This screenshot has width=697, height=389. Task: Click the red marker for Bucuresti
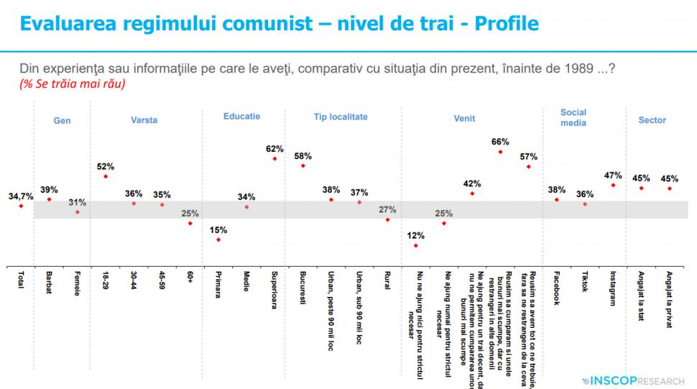click(x=303, y=166)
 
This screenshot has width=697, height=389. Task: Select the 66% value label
click(x=500, y=142)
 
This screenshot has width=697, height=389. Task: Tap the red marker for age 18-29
click(x=106, y=176)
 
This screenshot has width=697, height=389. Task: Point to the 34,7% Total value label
click(x=20, y=196)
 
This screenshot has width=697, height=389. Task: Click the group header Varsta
click(x=144, y=120)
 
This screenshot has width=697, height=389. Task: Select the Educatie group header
click(x=241, y=116)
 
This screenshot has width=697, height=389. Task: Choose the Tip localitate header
click(x=341, y=116)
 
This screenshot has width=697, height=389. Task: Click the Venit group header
click(x=464, y=120)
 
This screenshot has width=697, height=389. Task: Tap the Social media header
click(x=573, y=117)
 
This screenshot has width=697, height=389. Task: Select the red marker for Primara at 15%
click(x=218, y=239)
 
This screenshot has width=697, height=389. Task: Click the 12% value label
click(x=415, y=235)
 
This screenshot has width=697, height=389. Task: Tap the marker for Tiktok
click(x=585, y=204)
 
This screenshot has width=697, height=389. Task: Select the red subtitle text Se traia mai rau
click(x=73, y=84)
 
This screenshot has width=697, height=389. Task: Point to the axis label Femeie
click(x=77, y=284)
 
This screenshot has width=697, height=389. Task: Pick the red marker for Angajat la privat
click(x=669, y=188)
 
